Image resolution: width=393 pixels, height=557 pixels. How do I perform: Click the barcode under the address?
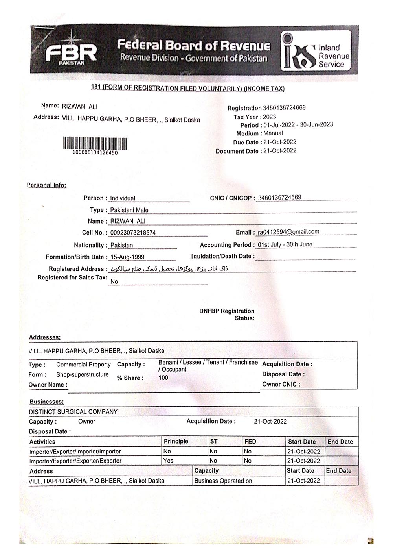(x=95, y=143)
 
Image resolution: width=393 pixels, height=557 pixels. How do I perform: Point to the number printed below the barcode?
(x=95, y=153)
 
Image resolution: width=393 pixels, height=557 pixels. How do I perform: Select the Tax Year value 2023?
(x=270, y=117)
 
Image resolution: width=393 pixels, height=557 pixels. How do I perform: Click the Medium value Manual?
(x=273, y=133)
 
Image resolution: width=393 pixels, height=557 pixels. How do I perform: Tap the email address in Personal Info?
(x=288, y=232)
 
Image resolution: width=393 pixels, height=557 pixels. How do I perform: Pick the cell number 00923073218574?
(x=133, y=233)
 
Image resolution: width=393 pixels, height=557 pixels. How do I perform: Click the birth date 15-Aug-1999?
(x=127, y=257)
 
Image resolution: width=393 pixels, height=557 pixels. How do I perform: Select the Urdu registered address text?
(x=168, y=269)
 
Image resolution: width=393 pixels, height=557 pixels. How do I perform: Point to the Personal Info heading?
(x=46, y=185)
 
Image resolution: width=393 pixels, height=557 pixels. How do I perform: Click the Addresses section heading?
(x=45, y=337)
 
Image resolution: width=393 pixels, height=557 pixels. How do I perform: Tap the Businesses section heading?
(x=46, y=402)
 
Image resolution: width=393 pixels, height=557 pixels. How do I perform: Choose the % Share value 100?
(x=163, y=378)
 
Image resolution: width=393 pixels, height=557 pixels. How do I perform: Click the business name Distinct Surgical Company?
(x=73, y=412)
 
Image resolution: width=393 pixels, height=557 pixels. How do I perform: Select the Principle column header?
(x=176, y=441)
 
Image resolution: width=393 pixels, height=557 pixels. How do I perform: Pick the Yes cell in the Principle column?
(x=168, y=461)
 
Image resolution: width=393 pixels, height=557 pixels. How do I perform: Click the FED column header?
(x=250, y=441)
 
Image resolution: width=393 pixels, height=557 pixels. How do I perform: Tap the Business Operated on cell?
(x=223, y=481)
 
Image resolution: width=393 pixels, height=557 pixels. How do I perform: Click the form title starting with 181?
(x=188, y=88)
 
